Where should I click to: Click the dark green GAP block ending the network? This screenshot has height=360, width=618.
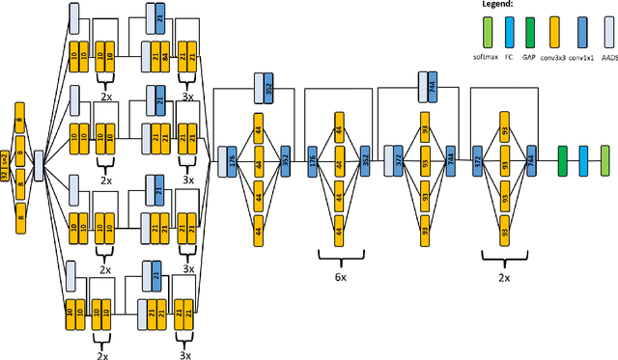[563, 156]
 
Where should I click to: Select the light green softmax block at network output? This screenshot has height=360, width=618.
[605, 156]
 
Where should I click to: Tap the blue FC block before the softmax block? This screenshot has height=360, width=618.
[584, 156]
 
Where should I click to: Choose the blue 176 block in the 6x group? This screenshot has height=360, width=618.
[312, 159]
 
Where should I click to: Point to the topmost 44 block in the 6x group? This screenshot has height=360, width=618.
[339, 125]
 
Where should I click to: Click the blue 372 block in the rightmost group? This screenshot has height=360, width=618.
[478, 159]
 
